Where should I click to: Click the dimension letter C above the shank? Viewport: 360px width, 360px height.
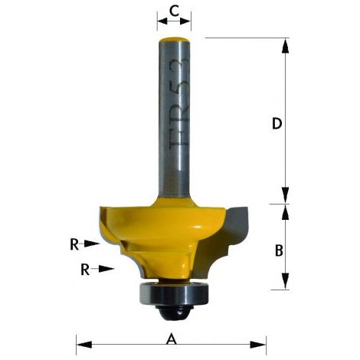click(x=174, y=11)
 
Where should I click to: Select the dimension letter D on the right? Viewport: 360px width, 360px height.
click(x=277, y=123)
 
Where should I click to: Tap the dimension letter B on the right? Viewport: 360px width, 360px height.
click(x=279, y=250)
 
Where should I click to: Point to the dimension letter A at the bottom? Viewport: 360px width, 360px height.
click(x=172, y=340)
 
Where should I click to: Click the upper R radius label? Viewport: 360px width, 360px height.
click(x=74, y=245)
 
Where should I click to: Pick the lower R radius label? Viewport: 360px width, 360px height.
click(x=85, y=270)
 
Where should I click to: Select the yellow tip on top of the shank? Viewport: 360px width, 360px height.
click(x=174, y=40)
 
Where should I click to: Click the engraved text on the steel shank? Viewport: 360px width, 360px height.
click(x=179, y=105)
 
